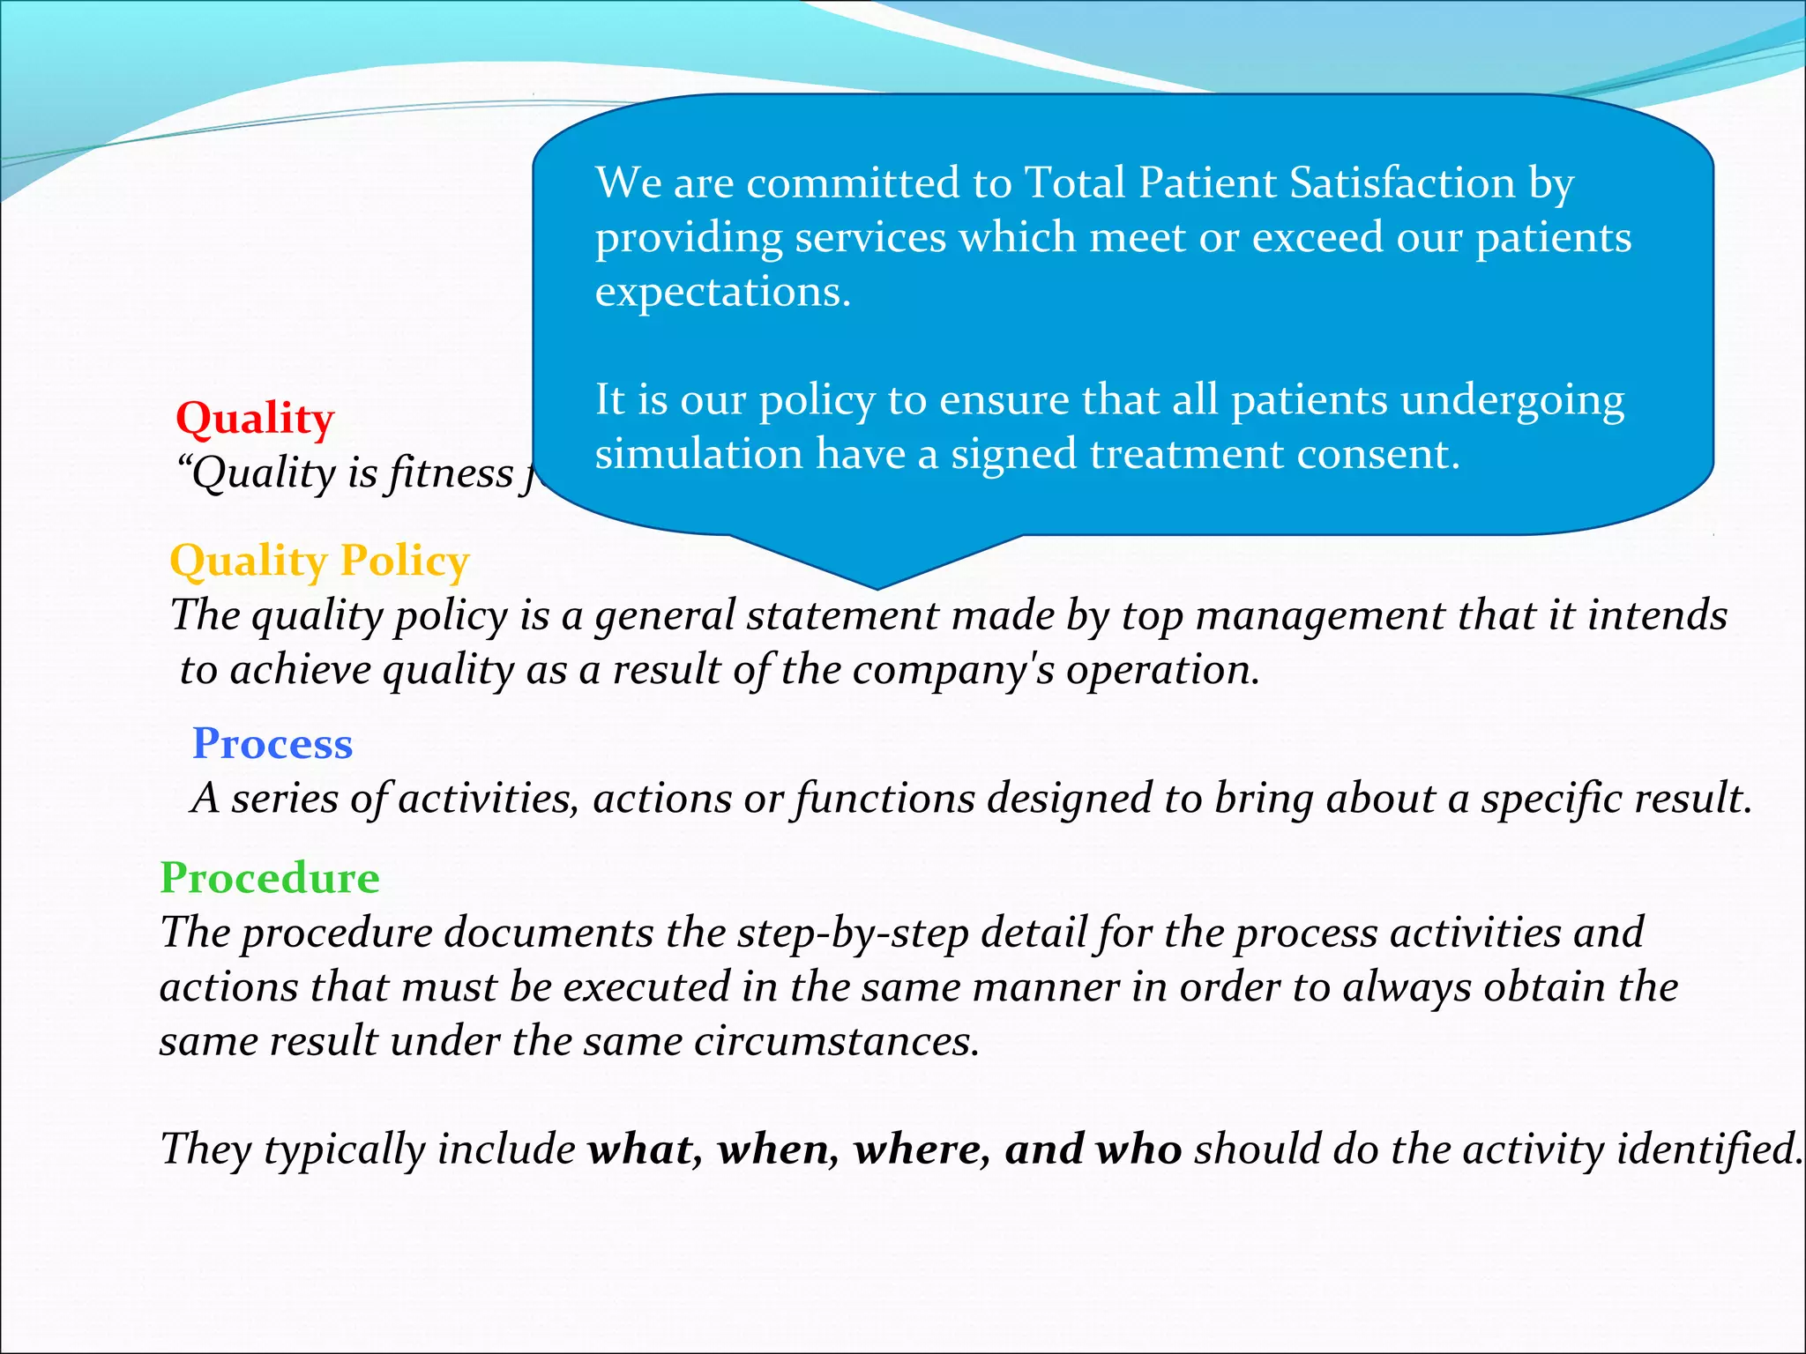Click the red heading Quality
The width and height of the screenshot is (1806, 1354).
click(255, 419)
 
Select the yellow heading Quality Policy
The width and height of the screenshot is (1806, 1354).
click(319, 562)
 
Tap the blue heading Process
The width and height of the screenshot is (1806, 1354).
click(272, 744)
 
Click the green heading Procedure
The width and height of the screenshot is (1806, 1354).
click(270, 878)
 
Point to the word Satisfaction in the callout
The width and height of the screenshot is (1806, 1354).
click(1402, 183)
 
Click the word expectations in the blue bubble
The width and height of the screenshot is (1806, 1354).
click(722, 293)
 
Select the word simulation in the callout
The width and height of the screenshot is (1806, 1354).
click(698, 455)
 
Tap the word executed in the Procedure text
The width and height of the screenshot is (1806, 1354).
click(646, 987)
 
